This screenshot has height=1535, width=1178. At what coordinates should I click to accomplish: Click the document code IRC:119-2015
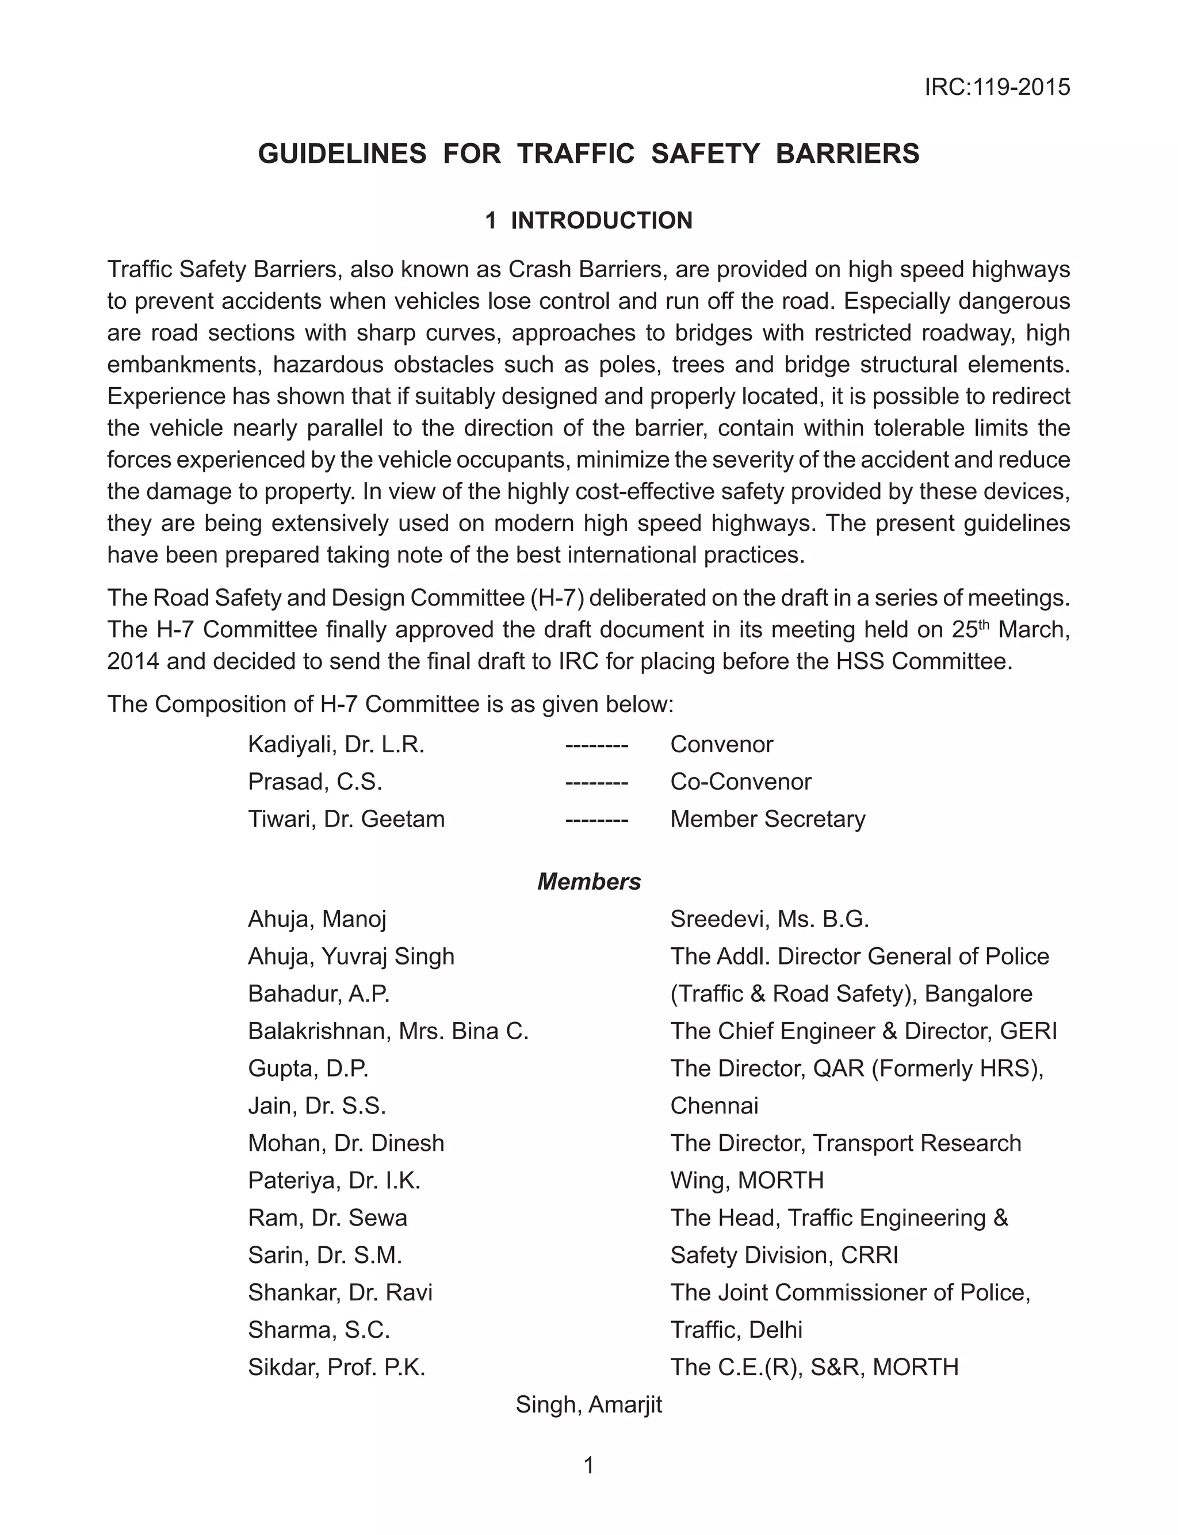click(x=996, y=87)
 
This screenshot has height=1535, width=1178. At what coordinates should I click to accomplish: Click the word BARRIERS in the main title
click(x=847, y=154)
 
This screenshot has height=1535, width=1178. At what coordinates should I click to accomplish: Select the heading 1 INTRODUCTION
click(x=588, y=221)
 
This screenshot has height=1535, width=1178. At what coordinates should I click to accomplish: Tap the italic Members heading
click(x=589, y=882)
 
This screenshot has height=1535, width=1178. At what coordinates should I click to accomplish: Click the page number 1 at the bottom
click(x=589, y=1465)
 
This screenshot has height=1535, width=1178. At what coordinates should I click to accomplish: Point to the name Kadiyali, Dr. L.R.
click(x=336, y=744)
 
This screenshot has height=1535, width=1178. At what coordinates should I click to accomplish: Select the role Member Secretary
click(x=768, y=818)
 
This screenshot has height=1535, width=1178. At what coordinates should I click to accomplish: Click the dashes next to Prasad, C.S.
click(x=596, y=782)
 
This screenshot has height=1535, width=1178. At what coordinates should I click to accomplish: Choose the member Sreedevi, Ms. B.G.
click(x=769, y=919)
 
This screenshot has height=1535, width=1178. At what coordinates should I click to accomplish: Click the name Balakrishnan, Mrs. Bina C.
click(x=388, y=1031)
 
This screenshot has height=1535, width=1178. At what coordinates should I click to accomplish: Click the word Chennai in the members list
click(x=714, y=1106)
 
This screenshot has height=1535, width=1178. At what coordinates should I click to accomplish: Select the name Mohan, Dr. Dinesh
click(x=346, y=1143)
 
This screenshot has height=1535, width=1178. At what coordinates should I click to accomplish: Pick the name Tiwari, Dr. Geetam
click(x=346, y=818)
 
